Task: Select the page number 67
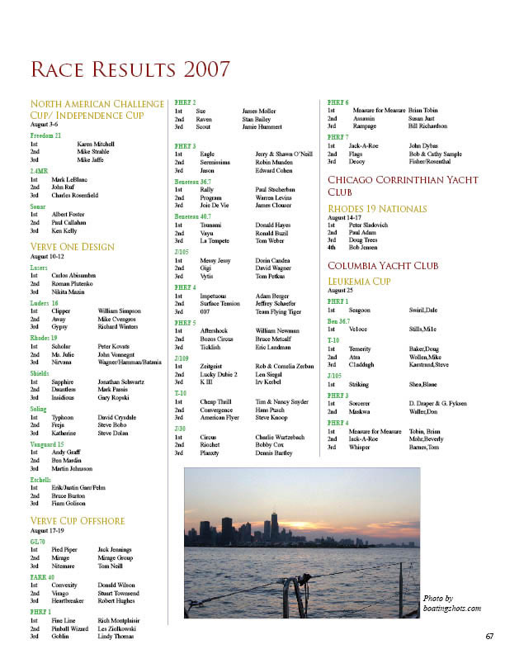click(x=489, y=636)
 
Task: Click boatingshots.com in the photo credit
click(x=451, y=609)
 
